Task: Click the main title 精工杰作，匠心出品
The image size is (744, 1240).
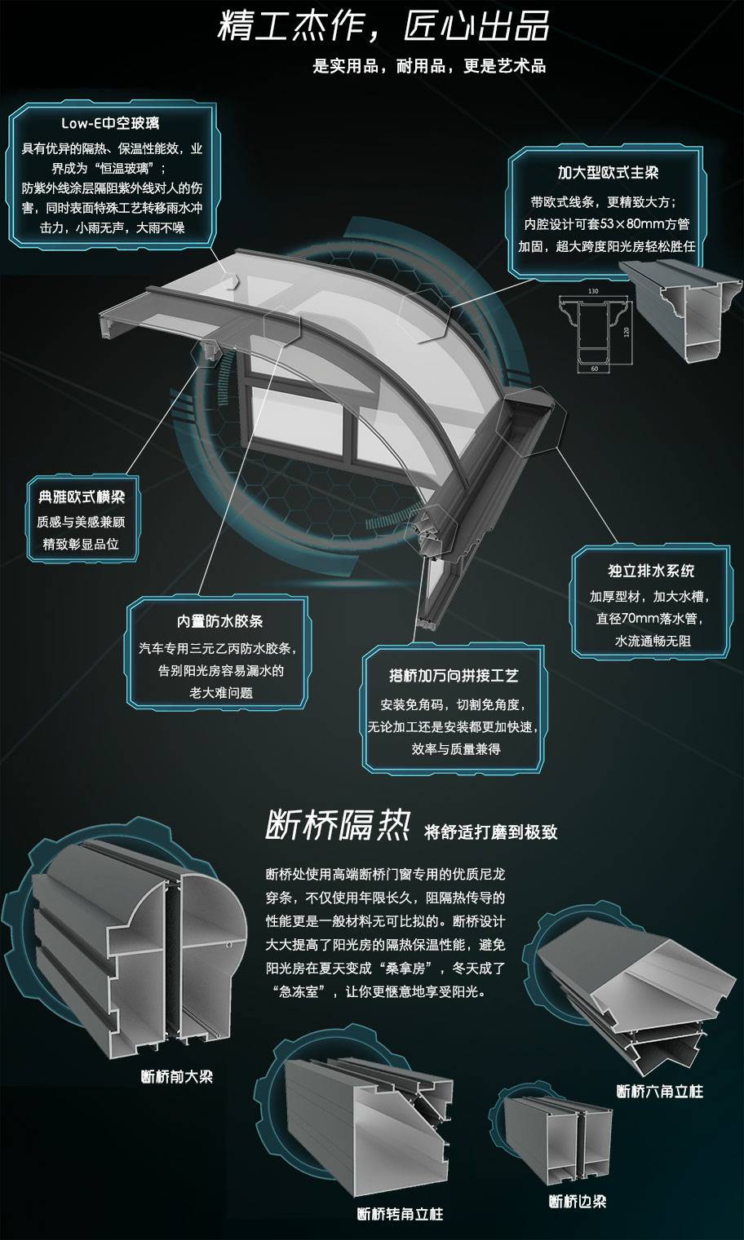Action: click(x=383, y=25)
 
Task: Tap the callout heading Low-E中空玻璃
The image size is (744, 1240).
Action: click(x=110, y=123)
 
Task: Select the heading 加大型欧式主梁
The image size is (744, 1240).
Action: click(x=608, y=174)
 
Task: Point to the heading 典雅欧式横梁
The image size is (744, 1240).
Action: click(x=82, y=496)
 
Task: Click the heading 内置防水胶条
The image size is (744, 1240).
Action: click(x=220, y=621)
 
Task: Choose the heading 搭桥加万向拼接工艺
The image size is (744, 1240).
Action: click(x=453, y=675)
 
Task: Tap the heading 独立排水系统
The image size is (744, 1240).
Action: click(x=651, y=570)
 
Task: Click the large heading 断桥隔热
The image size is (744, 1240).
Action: click(x=338, y=825)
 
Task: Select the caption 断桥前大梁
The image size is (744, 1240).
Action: click(x=177, y=1077)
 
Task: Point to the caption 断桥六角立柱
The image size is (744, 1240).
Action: click(x=660, y=1091)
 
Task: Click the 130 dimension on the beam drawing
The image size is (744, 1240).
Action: click(x=593, y=291)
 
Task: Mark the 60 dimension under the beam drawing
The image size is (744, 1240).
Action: click(x=595, y=368)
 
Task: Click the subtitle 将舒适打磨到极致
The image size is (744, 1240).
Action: click(x=491, y=832)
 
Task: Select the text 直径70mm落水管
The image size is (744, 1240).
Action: click(x=650, y=618)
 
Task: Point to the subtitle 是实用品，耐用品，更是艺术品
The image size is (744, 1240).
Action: click(x=429, y=66)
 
